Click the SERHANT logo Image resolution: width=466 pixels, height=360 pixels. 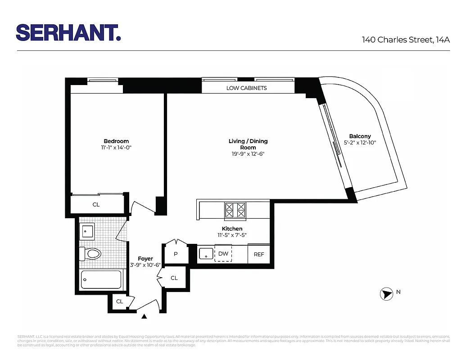point(68,32)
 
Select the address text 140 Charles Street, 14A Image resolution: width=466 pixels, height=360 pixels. point(406,40)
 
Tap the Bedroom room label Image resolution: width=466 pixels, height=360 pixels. point(116,141)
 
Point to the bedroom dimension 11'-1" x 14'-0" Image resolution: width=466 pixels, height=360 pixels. point(116,148)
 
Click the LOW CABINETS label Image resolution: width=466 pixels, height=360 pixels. point(246,88)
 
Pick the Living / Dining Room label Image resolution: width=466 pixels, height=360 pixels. point(248,144)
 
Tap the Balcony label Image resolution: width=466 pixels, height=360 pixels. point(360,136)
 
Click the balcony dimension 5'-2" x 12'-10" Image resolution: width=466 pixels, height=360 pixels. point(360,143)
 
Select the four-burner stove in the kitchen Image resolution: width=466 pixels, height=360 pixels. point(235,210)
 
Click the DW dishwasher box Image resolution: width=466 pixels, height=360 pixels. point(223,254)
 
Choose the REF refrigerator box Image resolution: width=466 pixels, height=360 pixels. point(259,254)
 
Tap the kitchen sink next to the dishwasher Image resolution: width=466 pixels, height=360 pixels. point(206,253)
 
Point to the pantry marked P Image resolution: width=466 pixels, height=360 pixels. point(176,254)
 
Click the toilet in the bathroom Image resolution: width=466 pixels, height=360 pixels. point(90,254)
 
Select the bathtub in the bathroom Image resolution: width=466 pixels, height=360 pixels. point(101,279)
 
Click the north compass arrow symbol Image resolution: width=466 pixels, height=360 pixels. point(386,294)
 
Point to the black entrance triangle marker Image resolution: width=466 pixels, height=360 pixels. point(144,317)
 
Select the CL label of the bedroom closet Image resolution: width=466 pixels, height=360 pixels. point(96,204)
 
